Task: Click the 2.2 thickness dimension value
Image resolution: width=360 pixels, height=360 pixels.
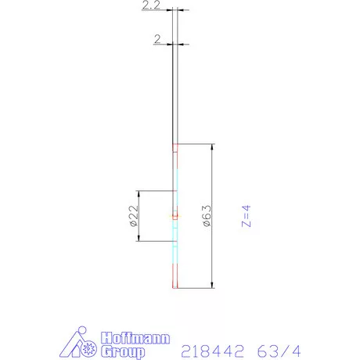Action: tap(152, 6)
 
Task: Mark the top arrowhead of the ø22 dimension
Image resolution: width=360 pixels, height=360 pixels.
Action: tap(139, 194)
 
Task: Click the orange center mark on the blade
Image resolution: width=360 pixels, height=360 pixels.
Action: tap(176, 214)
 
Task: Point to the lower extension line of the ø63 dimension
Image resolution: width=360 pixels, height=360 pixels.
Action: tap(196, 288)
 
